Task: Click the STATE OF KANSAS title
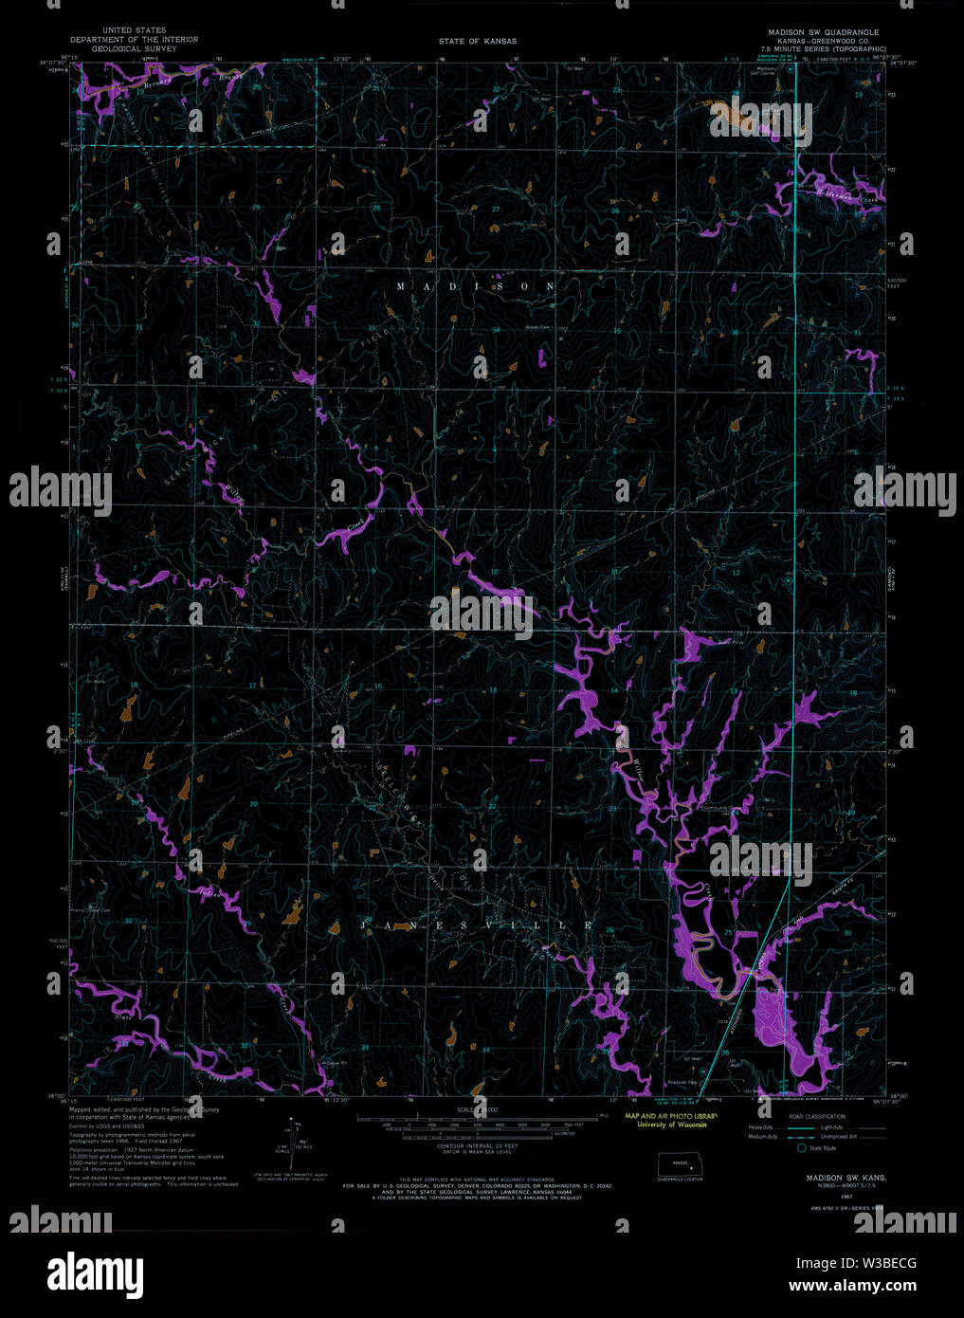point(477,42)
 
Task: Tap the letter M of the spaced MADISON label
point(400,286)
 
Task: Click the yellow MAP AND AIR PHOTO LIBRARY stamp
point(671,1116)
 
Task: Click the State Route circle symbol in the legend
point(801,1147)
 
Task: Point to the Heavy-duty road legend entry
point(763,1126)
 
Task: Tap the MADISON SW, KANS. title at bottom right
point(820,1176)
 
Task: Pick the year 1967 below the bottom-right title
point(820,1197)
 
